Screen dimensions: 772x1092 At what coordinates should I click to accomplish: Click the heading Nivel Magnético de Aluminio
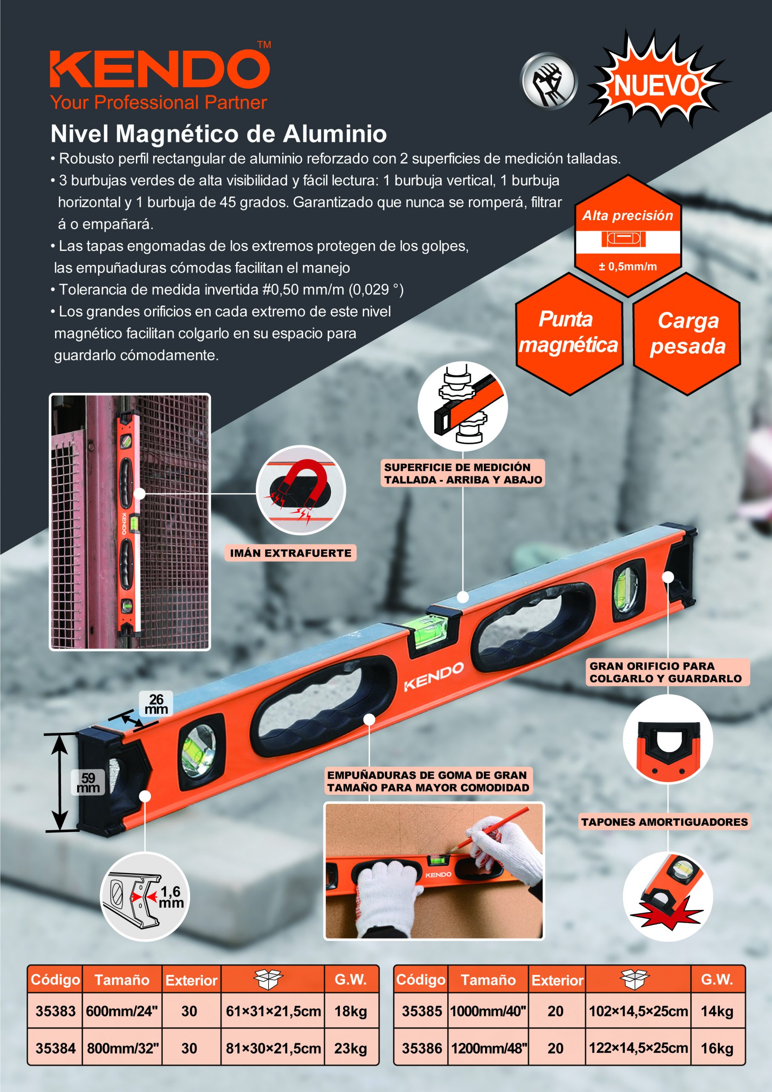[219, 134]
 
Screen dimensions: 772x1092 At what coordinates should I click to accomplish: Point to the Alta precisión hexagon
[628, 236]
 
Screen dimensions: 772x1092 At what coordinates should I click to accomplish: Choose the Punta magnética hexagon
[569, 334]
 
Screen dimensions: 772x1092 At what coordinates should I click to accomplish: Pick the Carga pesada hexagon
[687, 334]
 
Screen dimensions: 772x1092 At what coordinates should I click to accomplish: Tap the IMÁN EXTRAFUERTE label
[290, 553]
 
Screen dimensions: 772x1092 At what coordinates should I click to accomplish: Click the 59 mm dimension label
[88, 782]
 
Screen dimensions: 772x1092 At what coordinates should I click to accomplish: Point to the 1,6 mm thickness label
[171, 897]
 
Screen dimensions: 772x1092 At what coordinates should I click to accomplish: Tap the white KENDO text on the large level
[434, 677]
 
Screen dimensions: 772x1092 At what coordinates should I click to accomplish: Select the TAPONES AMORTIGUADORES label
[664, 822]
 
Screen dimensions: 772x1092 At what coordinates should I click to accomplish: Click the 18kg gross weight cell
[351, 1011]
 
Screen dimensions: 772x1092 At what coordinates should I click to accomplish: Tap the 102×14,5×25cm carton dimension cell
[638, 1011]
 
